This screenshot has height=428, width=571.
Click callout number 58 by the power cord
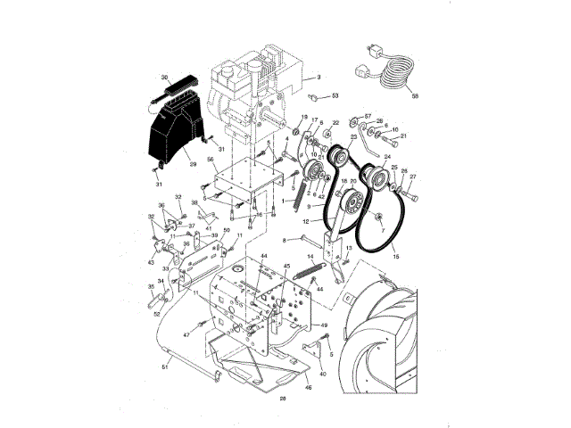pyautogui.click(x=415, y=98)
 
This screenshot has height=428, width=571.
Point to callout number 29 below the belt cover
pyautogui.click(x=192, y=164)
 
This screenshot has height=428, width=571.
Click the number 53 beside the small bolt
pyautogui.click(x=335, y=95)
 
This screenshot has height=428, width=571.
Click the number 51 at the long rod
pyautogui.click(x=163, y=366)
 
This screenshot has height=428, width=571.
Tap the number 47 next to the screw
pyautogui.click(x=186, y=333)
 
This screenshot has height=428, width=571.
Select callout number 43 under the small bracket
pyautogui.click(x=151, y=261)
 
